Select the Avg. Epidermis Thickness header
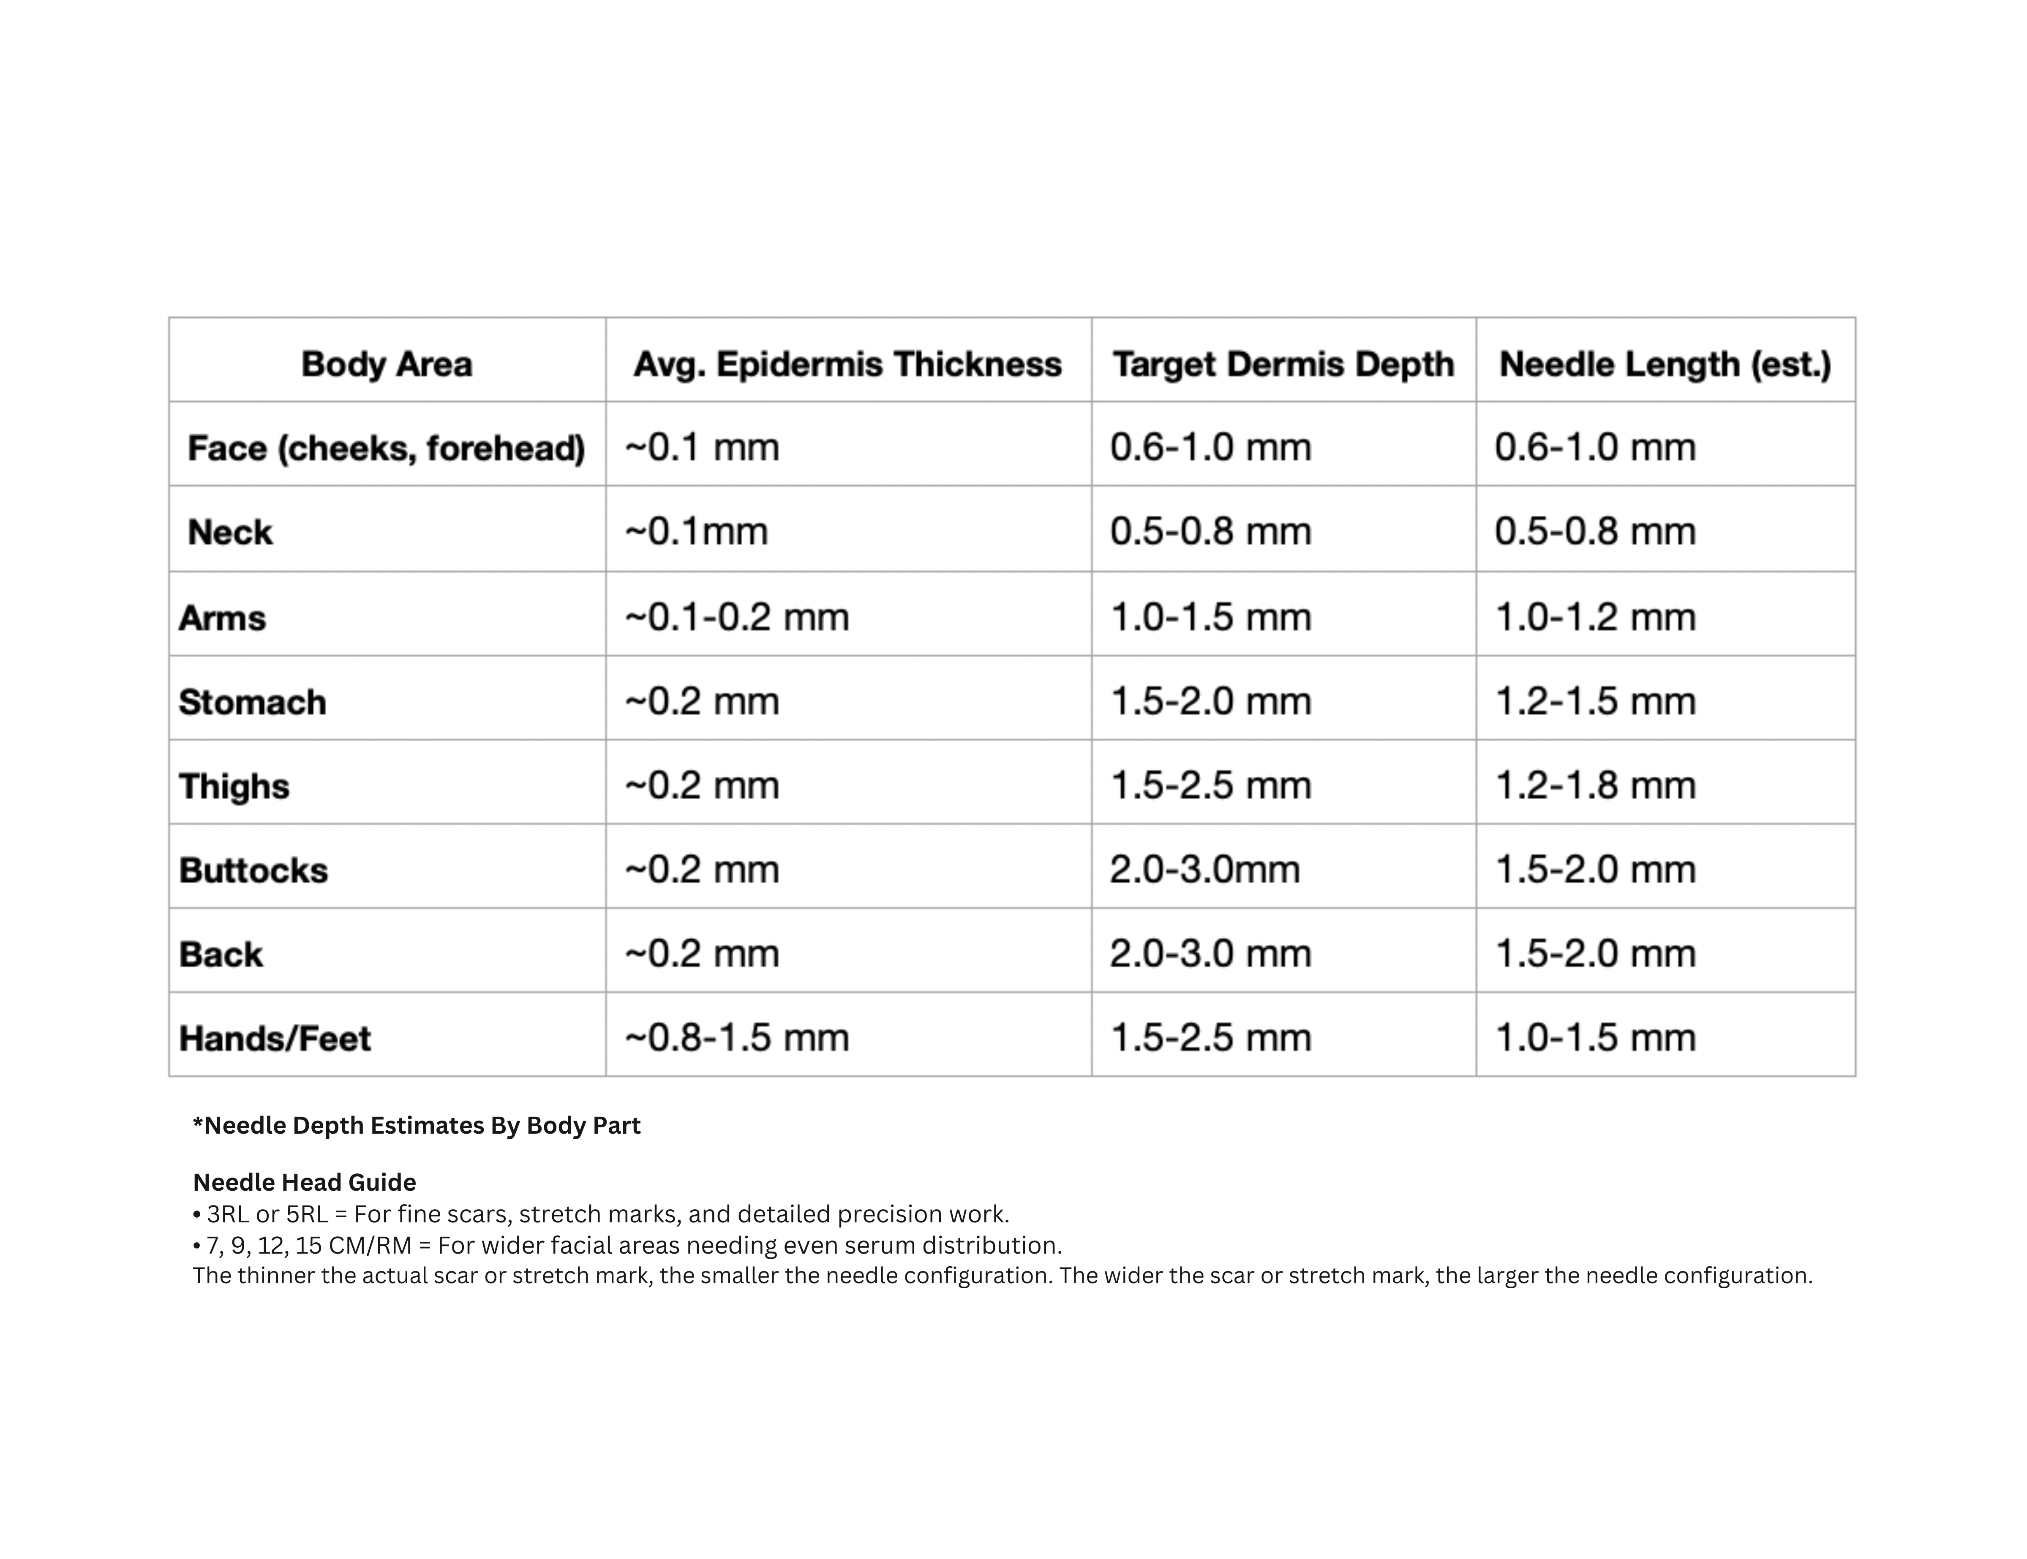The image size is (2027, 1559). pos(847,364)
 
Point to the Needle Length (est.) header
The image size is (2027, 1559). pos(1665,364)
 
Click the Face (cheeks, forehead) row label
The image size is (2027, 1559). pos(386,448)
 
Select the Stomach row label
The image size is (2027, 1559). pos(253,702)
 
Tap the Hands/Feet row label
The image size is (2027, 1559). pos(275,1038)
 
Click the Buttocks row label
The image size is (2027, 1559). pos(253,871)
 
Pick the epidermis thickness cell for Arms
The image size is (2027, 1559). pos(737,617)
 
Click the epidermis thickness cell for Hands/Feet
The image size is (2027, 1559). pos(737,1037)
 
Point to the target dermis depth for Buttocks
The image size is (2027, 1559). pos(1205,870)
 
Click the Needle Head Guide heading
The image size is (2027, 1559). pos(305,1182)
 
